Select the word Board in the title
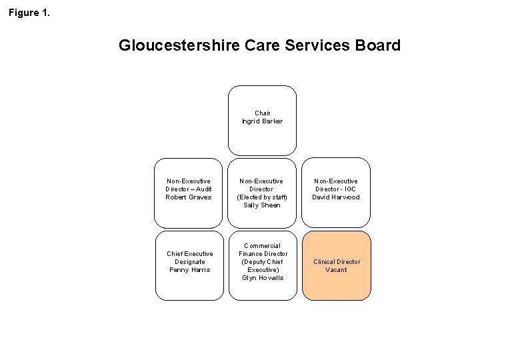click(x=378, y=46)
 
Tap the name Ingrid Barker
click(x=262, y=121)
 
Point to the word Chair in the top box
click(x=262, y=113)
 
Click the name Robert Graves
click(x=189, y=197)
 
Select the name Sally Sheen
click(x=262, y=205)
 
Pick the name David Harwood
click(x=336, y=197)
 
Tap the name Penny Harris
click(x=189, y=270)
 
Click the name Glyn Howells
click(x=262, y=278)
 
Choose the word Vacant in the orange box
click(x=336, y=270)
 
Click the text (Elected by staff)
click(x=262, y=197)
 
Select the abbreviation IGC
click(x=351, y=189)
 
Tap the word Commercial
click(x=262, y=246)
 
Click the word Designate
click(x=189, y=262)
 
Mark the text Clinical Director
click(x=336, y=262)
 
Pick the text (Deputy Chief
click(x=262, y=262)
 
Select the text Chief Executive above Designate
click(x=189, y=254)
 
